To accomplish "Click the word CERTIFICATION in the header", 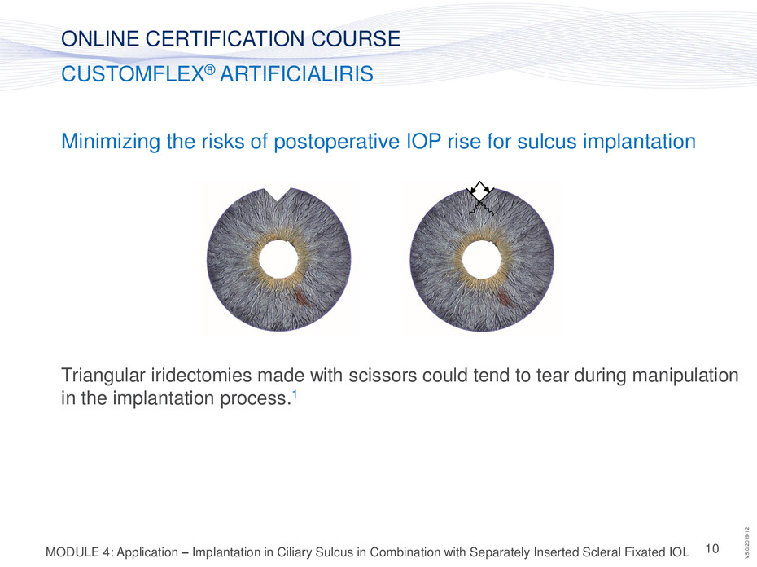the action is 225,38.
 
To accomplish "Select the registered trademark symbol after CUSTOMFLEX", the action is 209,69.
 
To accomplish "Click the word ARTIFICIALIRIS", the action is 296,74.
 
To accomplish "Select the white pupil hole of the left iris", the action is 278,259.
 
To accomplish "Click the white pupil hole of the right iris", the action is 481,259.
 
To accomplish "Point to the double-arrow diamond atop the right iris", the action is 479,191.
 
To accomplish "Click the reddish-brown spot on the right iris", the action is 503,297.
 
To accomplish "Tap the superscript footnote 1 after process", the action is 295,394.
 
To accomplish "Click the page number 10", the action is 712,548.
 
